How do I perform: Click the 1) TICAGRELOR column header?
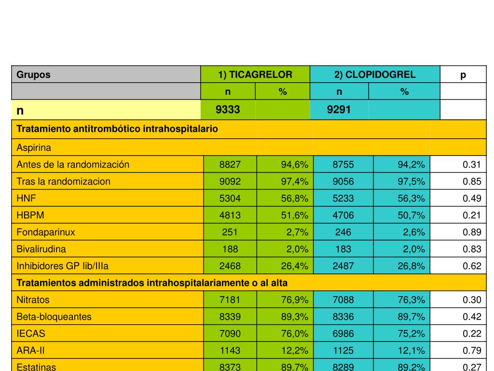click(x=255, y=74)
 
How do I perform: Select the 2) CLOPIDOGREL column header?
click(x=375, y=74)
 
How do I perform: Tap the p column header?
click(x=463, y=74)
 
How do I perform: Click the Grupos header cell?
click(x=34, y=74)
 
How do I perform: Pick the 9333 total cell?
click(x=228, y=110)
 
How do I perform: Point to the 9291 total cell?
click(x=339, y=110)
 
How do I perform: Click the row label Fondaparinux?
click(x=46, y=232)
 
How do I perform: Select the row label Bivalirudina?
click(x=41, y=249)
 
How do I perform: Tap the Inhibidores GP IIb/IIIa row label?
click(x=59, y=266)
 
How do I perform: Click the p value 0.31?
click(x=472, y=164)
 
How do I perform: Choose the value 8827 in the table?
click(x=230, y=164)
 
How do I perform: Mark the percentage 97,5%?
click(x=411, y=181)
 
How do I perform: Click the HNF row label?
click(x=26, y=198)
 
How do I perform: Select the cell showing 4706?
click(x=343, y=215)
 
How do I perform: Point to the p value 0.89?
click(x=472, y=232)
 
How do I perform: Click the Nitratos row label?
click(x=33, y=300)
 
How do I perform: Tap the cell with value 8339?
click(x=230, y=316)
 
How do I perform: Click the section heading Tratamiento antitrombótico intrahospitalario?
click(x=117, y=129)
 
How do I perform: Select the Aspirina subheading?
click(x=34, y=147)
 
